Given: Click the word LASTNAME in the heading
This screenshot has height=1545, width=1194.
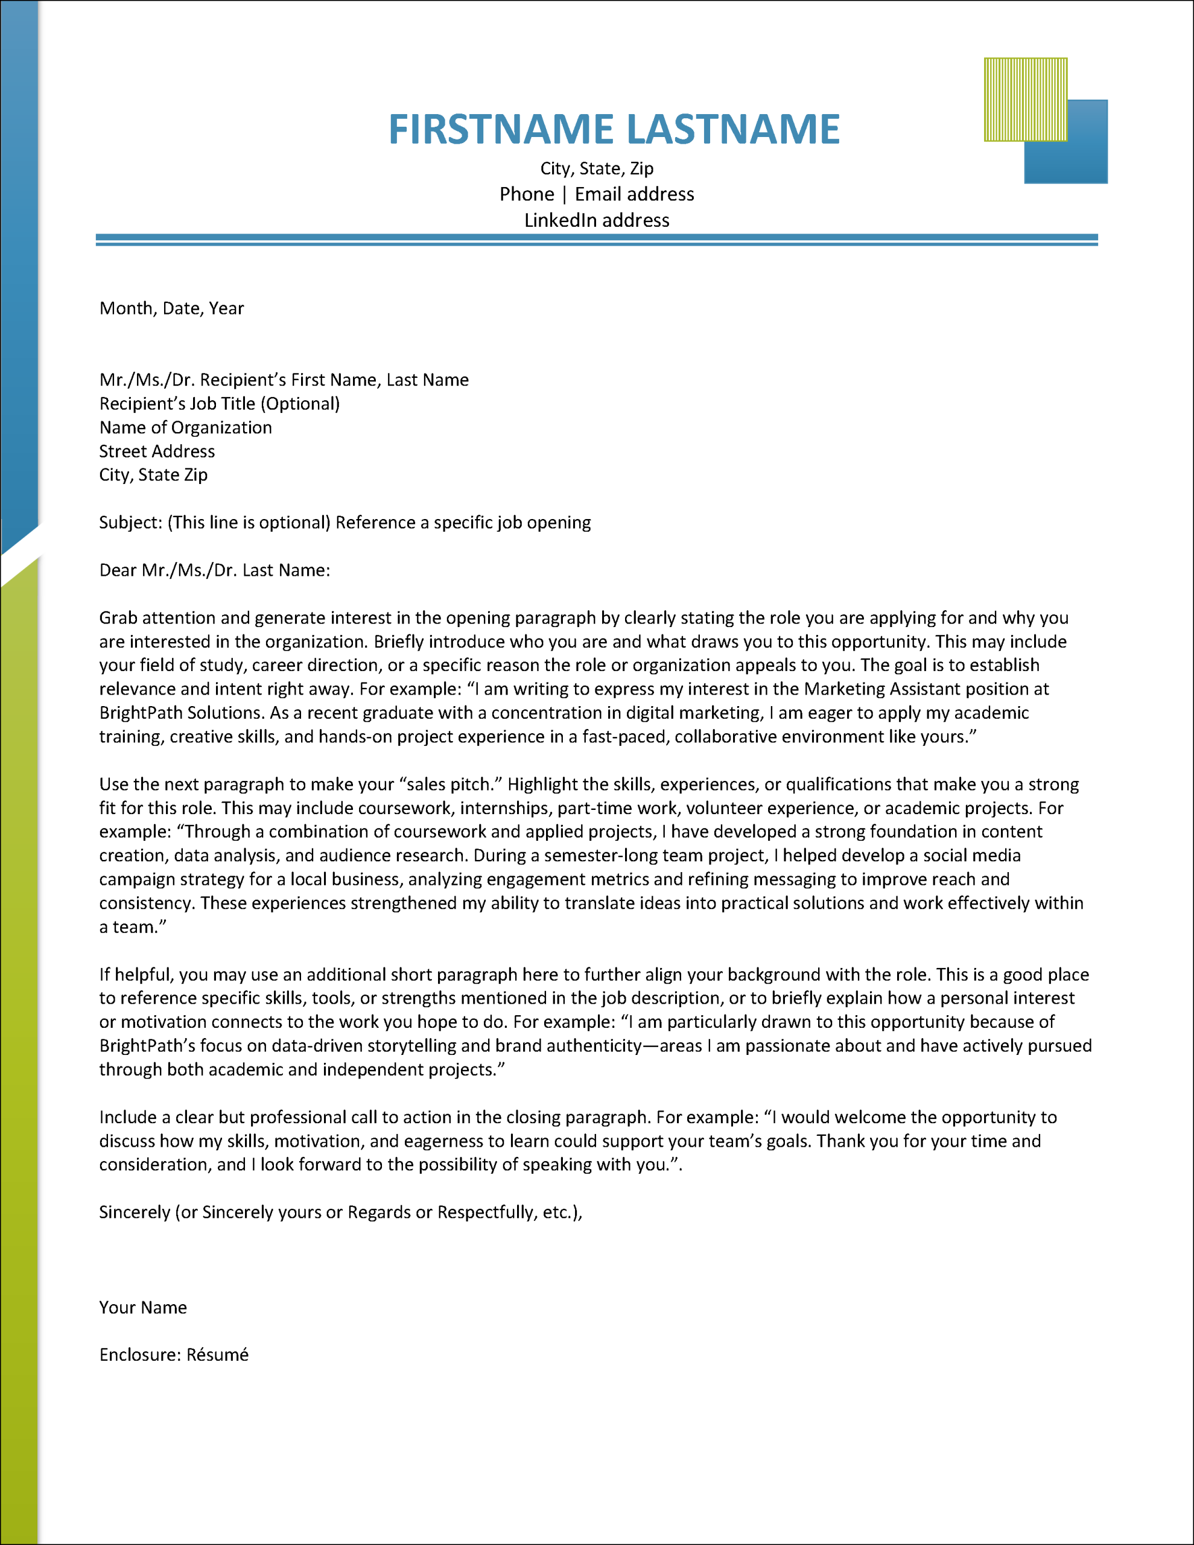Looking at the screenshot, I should (x=734, y=130).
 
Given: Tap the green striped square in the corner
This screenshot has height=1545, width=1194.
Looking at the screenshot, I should (x=1025, y=99).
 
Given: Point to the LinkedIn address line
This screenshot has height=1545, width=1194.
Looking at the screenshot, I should (x=596, y=221).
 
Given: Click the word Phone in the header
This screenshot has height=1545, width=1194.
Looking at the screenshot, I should (x=526, y=194).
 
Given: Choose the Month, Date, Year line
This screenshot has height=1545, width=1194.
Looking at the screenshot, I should (x=171, y=308).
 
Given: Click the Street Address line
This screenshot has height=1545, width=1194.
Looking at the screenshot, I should (x=156, y=451).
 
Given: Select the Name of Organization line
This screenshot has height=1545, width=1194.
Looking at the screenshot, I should (x=185, y=427).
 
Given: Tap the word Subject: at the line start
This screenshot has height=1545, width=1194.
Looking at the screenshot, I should (x=131, y=523).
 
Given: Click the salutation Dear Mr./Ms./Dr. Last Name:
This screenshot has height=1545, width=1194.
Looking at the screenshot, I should (x=214, y=570).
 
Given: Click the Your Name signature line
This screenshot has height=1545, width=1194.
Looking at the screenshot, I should (x=143, y=1308).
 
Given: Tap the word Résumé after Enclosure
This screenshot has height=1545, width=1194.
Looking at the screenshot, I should (x=217, y=1355).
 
